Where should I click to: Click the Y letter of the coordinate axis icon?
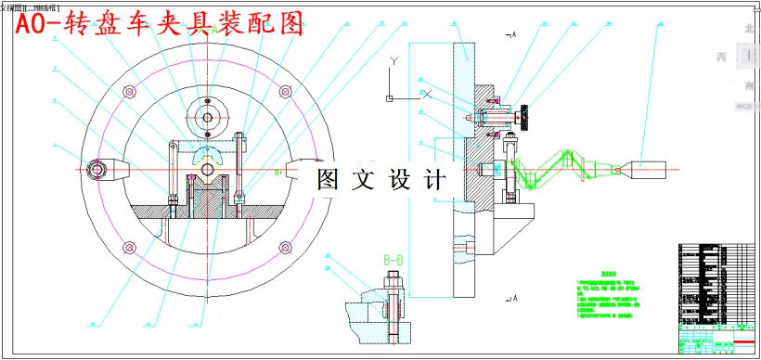[394, 60]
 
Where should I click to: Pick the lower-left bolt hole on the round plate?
[127, 248]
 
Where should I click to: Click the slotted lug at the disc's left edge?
[99, 170]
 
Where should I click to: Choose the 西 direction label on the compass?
[721, 58]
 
